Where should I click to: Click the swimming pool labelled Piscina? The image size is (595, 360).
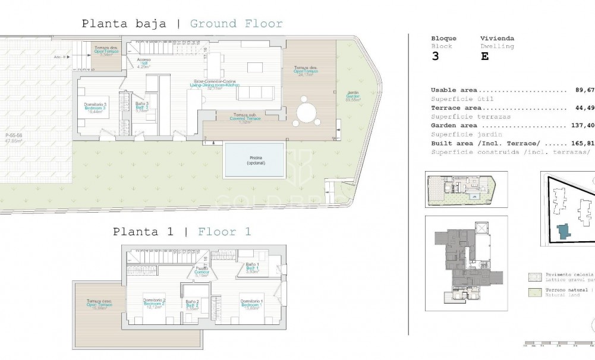(x=254, y=160)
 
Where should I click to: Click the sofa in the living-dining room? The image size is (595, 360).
(x=260, y=93)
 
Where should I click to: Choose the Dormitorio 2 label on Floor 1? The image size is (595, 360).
(x=154, y=304)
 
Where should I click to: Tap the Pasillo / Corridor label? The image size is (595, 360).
(x=202, y=271)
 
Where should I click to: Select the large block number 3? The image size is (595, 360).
(x=436, y=57)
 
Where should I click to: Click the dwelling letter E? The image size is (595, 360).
(x=484, y=57)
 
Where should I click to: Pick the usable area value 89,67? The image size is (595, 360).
(x=584, y=90)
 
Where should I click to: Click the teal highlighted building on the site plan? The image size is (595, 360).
(x=562, y=232)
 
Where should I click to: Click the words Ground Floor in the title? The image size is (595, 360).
(x=236, y=24)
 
